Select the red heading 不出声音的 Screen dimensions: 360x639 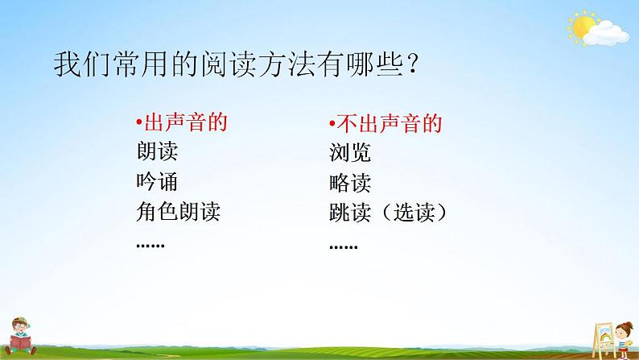click(388, 124)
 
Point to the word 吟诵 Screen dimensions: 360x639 click(158, 183)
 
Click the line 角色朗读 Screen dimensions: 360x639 click(179, 213)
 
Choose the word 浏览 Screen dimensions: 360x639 click(350, 153)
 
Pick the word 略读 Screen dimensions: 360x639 click(350, 183)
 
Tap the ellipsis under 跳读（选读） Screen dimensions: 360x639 click(344, 245)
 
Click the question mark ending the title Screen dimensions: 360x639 click(411, 65)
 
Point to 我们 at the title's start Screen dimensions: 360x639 click(75, 64)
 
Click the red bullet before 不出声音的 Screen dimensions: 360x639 click(332, 125)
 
